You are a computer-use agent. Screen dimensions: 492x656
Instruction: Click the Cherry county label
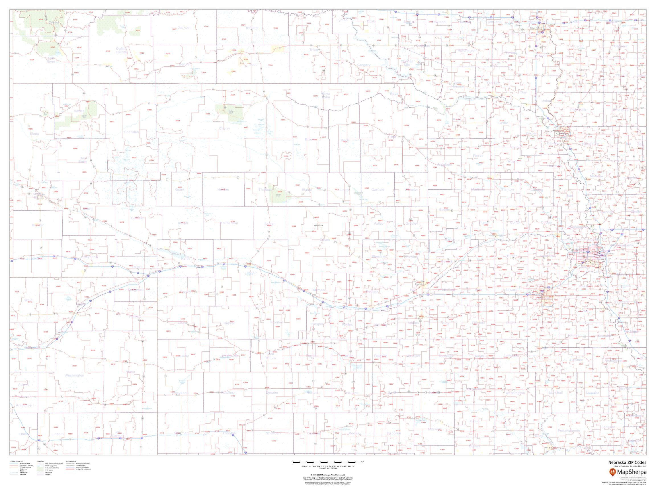[224, 128]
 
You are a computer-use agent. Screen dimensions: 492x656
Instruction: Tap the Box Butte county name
[83, 160]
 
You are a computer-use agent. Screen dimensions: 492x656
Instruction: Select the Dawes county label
[79, 111]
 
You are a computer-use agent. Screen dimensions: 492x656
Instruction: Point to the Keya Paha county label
[326, 95]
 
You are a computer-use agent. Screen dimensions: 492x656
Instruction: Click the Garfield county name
[378, 190]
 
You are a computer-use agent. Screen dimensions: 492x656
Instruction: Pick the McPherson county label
[229, 223]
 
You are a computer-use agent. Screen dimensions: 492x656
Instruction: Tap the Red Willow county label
[271, 356]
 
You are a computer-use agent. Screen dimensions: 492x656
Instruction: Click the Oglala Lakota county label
[121, 50]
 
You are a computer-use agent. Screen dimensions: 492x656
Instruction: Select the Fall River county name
[51, 60]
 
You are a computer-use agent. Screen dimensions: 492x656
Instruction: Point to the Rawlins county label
[228, 393]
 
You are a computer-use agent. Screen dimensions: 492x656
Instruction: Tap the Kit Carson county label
[118, 434]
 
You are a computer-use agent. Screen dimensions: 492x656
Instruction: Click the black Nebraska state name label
[318, 225]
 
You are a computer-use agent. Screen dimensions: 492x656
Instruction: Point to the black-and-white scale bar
[328, 462]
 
